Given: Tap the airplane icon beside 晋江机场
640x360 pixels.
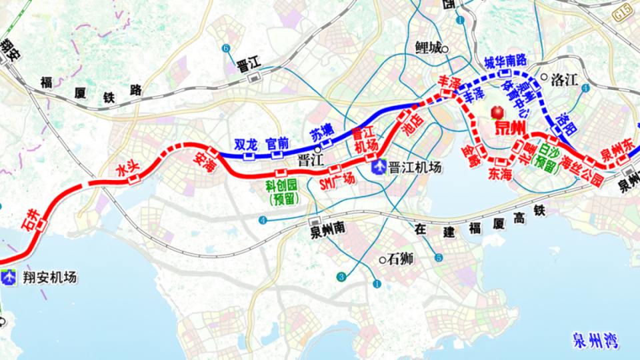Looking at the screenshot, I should (x=379, y=166).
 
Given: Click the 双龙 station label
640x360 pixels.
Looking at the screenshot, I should (x=245, y=143).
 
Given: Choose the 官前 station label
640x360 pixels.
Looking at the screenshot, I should (x=277, y=143).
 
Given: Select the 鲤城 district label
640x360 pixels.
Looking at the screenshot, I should (x=428, y=47).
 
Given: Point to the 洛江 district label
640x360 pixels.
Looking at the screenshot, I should (x=564, y=79).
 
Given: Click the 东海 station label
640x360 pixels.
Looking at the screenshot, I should (x=499, y=175).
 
